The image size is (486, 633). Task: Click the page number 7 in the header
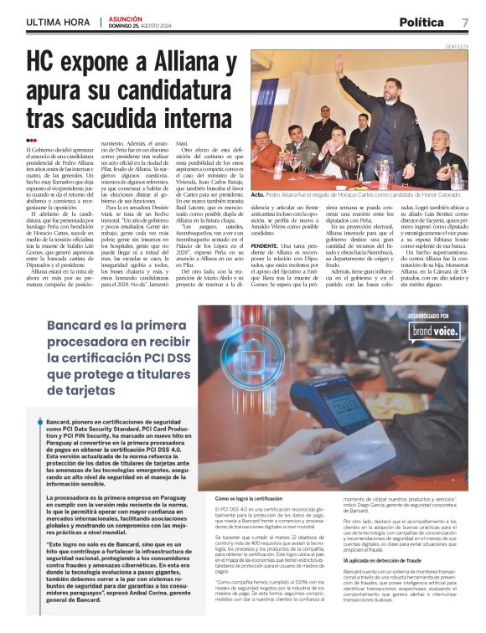click(464, 23)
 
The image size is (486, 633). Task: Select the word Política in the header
click(427, 23)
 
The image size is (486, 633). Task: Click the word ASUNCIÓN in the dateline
click(123, 18)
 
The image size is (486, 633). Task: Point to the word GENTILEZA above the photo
click(456, 47)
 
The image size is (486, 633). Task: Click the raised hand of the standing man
click(339, 64)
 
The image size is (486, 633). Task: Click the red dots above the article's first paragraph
click(31, 140)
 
